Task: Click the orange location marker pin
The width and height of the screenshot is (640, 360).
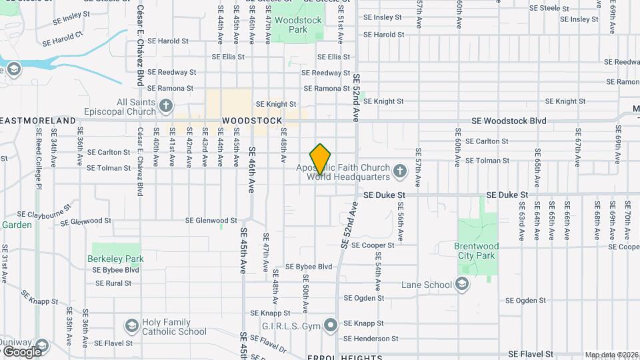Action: click(321, 159)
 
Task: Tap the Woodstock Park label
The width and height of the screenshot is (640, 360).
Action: click(299, 25)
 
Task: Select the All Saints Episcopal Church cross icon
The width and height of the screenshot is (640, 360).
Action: click(166, 105)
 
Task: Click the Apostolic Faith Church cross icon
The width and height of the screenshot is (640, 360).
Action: click(399, 172)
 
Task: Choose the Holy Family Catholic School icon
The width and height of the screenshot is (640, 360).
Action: click(132, 326)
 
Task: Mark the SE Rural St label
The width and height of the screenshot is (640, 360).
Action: click(113, 283)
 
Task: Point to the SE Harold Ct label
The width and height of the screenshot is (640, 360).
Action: click(63, 39)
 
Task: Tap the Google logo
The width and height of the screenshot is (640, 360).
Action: click(22, 351)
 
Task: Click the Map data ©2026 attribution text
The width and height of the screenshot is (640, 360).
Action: click(611, 355)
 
